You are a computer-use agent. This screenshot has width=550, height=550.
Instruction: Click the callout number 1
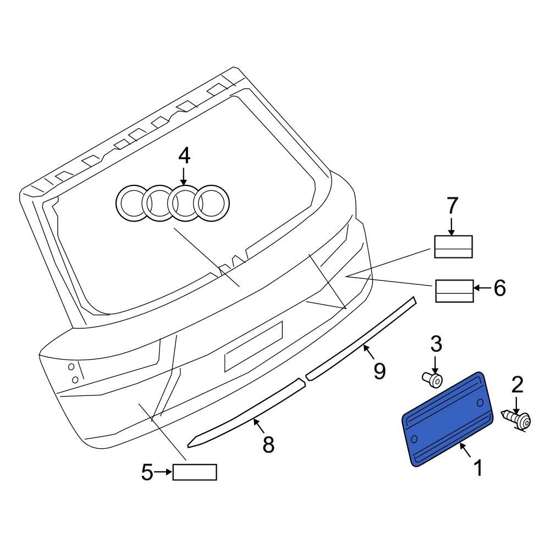tap(478, 468)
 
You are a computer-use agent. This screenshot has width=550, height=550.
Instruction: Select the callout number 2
tap(517, 385)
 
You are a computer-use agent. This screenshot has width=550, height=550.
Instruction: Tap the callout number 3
tap(436, 344)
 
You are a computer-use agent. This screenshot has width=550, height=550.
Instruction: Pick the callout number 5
tap(147, 472)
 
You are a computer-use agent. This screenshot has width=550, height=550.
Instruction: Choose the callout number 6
tap(499, 288)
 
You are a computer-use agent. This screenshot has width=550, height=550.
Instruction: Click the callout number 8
tap(268, 444)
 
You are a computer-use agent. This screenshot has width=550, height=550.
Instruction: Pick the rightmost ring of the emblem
tap(211, 204)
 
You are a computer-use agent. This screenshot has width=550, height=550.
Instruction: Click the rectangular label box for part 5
tap(195, 472)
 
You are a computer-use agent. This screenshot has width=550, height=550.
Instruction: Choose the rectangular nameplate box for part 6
tap(455, 290)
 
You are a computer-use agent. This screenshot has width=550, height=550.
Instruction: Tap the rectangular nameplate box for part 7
tap(454, 246)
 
